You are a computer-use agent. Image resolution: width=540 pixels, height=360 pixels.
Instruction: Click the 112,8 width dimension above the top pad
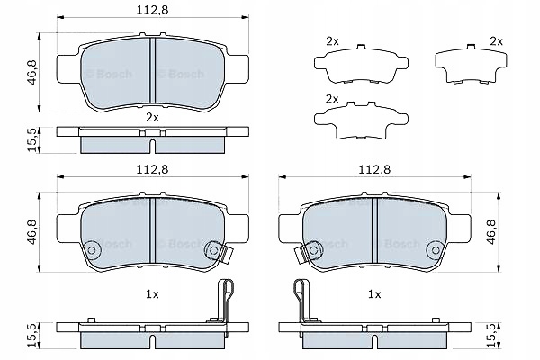pyautogui.click(x=150, y=10)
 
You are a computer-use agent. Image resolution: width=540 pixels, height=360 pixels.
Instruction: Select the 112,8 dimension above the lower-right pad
pyautogui.click(x=373, y=168)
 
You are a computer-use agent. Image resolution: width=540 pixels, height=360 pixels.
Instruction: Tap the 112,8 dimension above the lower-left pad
pyautogui.click(x=150, y=168)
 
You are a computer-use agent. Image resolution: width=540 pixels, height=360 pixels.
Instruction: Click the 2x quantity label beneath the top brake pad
pyautogui.click(x=152, y=118)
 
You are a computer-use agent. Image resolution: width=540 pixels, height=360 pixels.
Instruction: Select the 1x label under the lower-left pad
pyautogui.click(x=152, y=294)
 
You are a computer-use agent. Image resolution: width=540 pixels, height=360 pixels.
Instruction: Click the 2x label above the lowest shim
pyautogui.click(x=332, y=98)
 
